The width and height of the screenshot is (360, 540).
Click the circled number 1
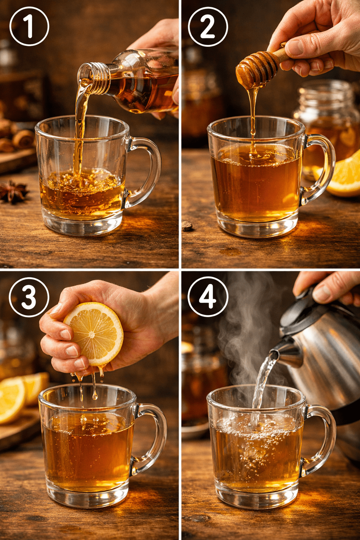[x=29, y=26]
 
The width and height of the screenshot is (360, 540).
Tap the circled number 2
[x=208, y=26]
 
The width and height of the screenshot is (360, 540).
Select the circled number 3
[x=29, y=297]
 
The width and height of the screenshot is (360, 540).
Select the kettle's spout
[x=287, y=355]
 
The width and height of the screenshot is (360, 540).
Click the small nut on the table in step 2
[x=187, y=226]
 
